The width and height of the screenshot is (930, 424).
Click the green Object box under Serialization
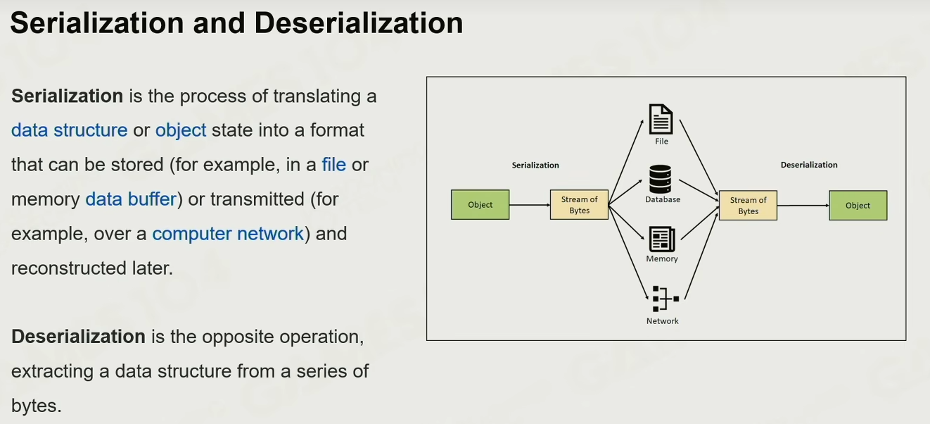480,205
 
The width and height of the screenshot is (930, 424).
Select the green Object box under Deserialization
858,206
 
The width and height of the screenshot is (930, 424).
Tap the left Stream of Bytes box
579,205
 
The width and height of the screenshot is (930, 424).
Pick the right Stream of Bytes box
748,206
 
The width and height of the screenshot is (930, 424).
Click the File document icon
661,119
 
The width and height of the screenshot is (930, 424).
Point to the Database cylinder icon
661,179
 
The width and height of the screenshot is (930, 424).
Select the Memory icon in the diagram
662,239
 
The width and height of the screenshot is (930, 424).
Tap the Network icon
663,299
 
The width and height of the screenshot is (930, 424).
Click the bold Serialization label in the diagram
535,165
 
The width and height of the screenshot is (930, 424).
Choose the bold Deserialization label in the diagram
809,165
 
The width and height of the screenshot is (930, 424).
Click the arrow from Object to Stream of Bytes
529,205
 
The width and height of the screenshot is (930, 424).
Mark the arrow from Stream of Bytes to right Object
803,206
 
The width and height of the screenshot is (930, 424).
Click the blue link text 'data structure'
69,130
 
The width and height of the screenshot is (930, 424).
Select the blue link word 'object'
181,130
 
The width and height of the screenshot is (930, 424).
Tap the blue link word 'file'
333,165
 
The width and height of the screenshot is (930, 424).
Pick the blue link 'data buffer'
130,199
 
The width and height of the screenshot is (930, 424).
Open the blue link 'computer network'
228,234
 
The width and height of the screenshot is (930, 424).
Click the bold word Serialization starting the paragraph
68,96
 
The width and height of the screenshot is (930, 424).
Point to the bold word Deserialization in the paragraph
78,337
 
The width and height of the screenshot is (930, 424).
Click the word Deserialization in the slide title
359,23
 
